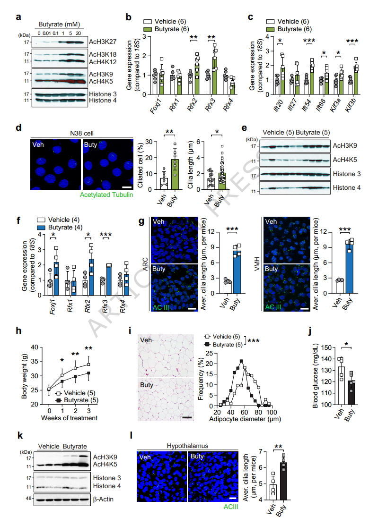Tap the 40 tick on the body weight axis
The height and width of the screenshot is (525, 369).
pos(34,347)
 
